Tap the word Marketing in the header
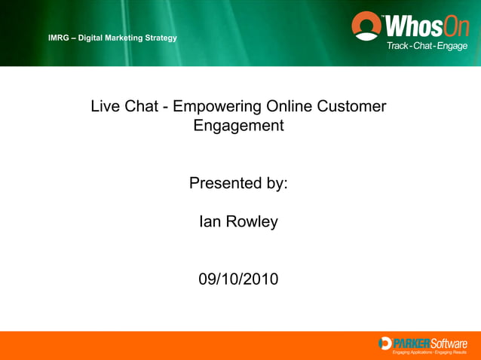pos(121,38)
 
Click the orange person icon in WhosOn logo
pos(367,27)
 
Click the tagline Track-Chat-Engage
pos(427,46)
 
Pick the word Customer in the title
pos(353,107)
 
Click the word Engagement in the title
pos(238,126)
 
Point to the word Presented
pos(225,183)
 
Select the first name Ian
pos(210,222)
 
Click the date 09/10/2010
pos(238,279)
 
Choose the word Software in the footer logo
pos(449,343)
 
